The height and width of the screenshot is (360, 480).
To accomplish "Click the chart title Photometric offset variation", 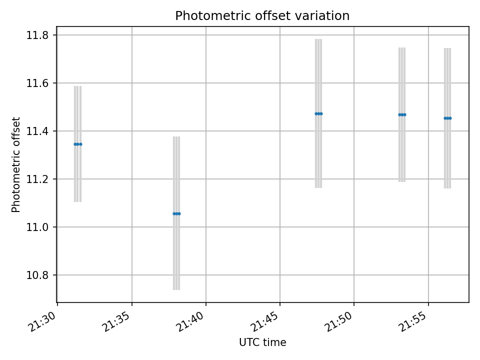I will tap(262, 16).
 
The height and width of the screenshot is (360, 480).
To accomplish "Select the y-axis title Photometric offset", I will tap(16, 164).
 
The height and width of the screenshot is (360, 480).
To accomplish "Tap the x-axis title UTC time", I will tap(262, 342).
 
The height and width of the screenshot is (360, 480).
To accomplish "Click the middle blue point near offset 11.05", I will tap(176, 213).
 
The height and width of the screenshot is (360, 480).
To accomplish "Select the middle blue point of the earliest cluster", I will tap(77, 144).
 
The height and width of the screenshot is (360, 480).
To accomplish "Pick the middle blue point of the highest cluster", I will tap(318, 113).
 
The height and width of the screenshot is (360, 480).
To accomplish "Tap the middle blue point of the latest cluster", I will tap(447, 118).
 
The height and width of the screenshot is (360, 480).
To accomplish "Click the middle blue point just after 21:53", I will tap(402, 114).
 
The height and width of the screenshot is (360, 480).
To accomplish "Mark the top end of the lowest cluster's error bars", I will tap(176, 137).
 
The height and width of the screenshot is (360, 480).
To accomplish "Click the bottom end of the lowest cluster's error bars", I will tap(176, 289).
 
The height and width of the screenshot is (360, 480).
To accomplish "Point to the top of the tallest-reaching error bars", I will tap(318, 39).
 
